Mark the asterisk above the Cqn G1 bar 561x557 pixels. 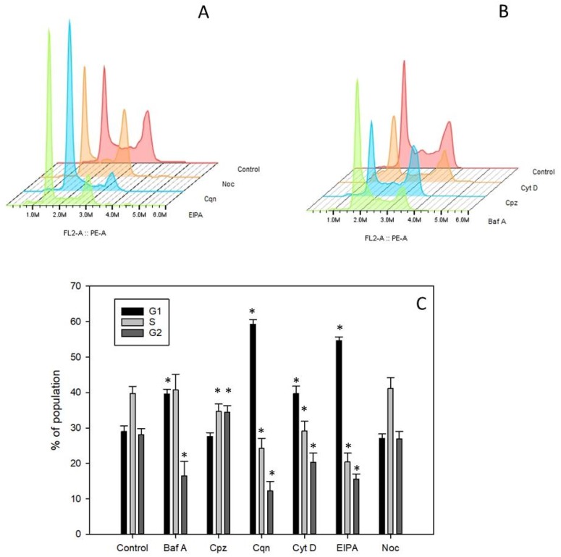tap(253, 312)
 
